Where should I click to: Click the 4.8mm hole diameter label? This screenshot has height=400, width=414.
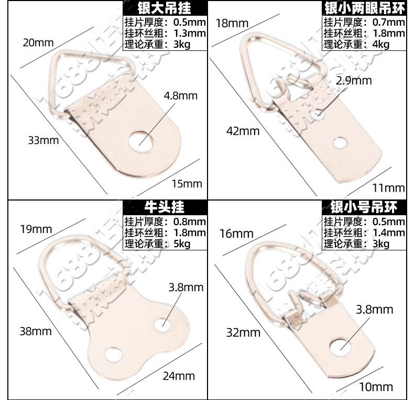[180, 96]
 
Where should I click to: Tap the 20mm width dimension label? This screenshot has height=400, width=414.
[38, 43]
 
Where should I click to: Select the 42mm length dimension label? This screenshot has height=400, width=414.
[242, 131]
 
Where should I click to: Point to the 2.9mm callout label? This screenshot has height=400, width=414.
[354, 80]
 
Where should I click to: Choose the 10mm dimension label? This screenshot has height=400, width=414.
[376, 387]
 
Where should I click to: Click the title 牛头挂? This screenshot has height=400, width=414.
[165, 207]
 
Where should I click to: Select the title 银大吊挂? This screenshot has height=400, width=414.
[164, 8]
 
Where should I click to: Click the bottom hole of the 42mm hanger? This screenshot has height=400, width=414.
[341, 142]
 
